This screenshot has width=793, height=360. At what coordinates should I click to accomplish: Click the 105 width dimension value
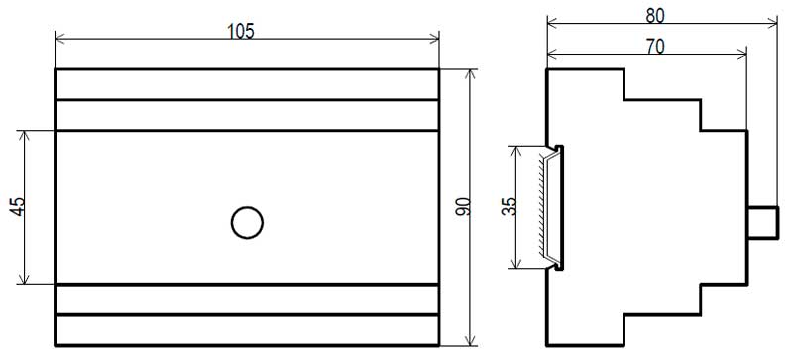click(x=240, y=32)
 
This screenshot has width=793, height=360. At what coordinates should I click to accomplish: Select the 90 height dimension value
click(x=463, y=207)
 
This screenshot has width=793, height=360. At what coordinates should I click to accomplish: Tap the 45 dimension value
click(x=17, y=206)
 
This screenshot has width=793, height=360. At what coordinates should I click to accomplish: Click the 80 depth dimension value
click(x=655, y=16)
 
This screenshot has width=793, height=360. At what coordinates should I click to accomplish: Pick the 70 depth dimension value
click(x=655, y=46)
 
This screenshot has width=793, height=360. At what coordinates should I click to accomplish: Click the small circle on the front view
click(x=247, y=223)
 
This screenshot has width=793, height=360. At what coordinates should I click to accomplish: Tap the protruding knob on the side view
click(x=762, y=222)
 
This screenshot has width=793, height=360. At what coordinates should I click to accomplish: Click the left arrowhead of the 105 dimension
click(x=59, y=38)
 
